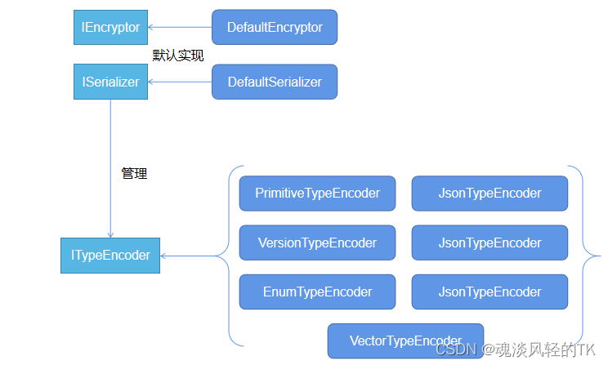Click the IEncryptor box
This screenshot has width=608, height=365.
110,27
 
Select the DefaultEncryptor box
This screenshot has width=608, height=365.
275,27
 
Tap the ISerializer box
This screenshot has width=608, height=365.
110,82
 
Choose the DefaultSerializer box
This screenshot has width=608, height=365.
275,82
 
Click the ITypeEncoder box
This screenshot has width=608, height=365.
110,255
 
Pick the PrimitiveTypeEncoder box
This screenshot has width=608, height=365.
317,194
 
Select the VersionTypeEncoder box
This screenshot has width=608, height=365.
317,243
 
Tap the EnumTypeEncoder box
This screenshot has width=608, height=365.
317,292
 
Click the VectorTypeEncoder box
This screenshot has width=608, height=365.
405,341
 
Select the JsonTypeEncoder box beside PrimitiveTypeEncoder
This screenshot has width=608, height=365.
490,194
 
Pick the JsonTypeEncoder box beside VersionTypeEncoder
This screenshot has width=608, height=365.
490,243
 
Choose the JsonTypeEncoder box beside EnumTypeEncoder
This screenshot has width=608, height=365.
490,292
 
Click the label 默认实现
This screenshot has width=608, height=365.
178,56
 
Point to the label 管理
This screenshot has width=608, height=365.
134,173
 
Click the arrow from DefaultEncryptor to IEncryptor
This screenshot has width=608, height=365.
180,28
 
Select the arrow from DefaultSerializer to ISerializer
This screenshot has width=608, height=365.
180,82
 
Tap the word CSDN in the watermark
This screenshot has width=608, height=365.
450,349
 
